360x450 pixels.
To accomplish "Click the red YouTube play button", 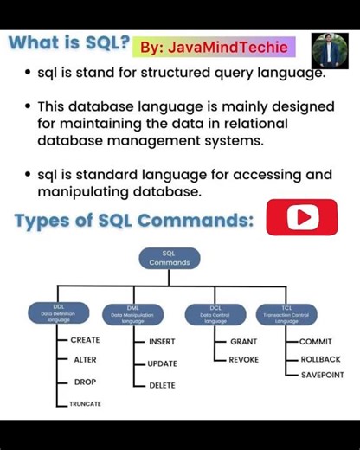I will tap(301, 217).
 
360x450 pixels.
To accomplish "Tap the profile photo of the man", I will tap(329, 51).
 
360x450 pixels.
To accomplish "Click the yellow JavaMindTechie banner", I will tap(213, 46).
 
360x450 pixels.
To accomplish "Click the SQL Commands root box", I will tap(170, 258).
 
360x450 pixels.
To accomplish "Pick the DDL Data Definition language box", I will tap(59, 313).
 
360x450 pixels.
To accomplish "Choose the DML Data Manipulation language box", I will tap(132, 313).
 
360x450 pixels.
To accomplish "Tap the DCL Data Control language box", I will tap(215, 313).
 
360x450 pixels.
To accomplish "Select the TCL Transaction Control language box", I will tap(286, 313).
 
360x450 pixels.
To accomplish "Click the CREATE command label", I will tap(85, 340).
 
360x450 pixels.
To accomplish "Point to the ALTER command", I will tap(85, 360).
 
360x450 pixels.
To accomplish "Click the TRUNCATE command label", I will tap(85, 404).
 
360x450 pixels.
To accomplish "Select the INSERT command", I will tap(162, 342).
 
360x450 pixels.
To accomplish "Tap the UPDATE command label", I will tap(162, 363).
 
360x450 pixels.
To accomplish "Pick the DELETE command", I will tap(162, 385).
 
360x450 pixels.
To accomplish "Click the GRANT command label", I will tap(243, 342).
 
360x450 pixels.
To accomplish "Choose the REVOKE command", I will tap(243, 360).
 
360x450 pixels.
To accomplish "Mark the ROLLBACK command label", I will tap(320, 359).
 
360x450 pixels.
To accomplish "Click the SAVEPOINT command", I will tap(322, 376).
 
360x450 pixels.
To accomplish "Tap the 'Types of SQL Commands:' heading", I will tap(134, 220).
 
